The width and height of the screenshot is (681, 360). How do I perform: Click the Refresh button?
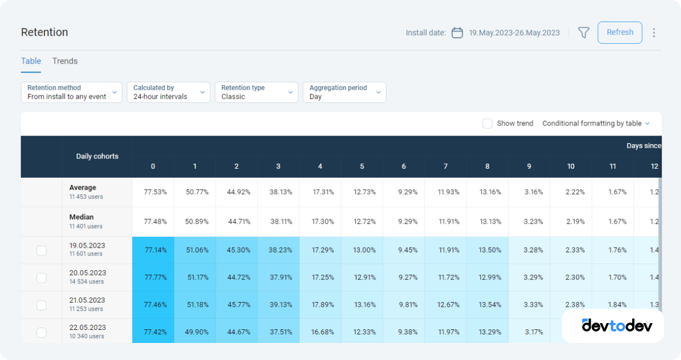620,32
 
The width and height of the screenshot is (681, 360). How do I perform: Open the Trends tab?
65,61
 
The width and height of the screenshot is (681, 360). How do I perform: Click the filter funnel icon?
583,32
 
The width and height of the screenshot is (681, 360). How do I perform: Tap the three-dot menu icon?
654,32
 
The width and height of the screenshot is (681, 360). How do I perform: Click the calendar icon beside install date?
457,32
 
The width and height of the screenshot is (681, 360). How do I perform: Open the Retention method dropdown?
72,92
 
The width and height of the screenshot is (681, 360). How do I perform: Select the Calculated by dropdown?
169,92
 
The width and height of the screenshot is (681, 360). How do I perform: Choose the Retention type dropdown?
257,92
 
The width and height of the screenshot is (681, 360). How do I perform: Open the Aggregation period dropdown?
344,92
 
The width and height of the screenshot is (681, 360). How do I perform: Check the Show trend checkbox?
487,123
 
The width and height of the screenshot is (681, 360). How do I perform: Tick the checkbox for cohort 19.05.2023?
41,250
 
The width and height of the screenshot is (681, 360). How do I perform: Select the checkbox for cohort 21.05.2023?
41,305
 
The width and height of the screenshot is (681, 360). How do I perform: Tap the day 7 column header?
445,166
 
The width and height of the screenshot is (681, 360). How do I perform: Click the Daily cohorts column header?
97,156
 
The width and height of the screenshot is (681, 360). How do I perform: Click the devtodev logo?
617,325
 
